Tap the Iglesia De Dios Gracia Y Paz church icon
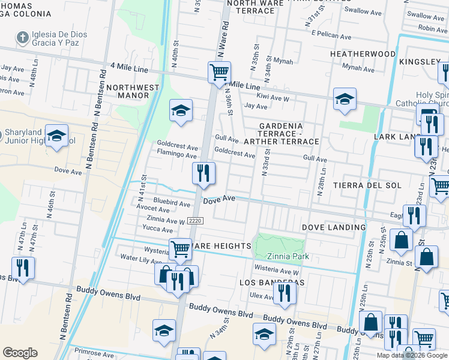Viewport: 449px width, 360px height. (22, 38)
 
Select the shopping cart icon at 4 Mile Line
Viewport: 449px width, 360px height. (220, 73)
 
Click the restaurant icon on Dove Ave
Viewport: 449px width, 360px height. (203, 173)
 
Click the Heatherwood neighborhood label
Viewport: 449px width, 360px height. (363, 54)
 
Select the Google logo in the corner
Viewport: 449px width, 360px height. (20, 353)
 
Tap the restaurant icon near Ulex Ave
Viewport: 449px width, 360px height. (284, 293)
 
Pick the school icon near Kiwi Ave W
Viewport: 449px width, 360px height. (345, 100)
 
